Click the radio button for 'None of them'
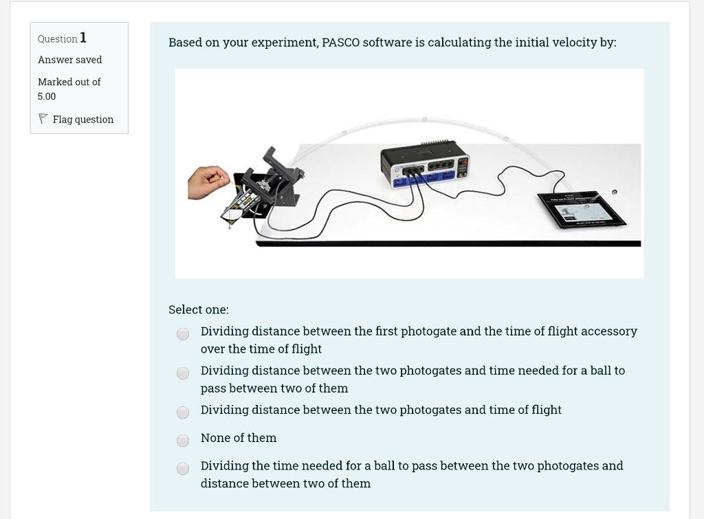(183, 440)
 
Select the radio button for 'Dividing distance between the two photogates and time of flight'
(183, 412)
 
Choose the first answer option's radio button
(183, 333)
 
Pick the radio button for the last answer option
(183, 468)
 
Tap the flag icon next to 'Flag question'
(43, 119)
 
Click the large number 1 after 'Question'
(83, 38)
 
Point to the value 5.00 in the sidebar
(47, 96)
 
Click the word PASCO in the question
(340, 43)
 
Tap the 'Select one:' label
(199, 310)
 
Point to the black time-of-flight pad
(580, 207)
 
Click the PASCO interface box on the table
(426, 165)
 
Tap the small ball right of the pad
(615, 192)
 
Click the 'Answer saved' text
(69, 60)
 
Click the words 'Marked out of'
(69, 82)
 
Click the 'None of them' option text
(239, 438)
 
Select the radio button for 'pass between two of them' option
(183, 373)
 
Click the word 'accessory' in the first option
(609, 331)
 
